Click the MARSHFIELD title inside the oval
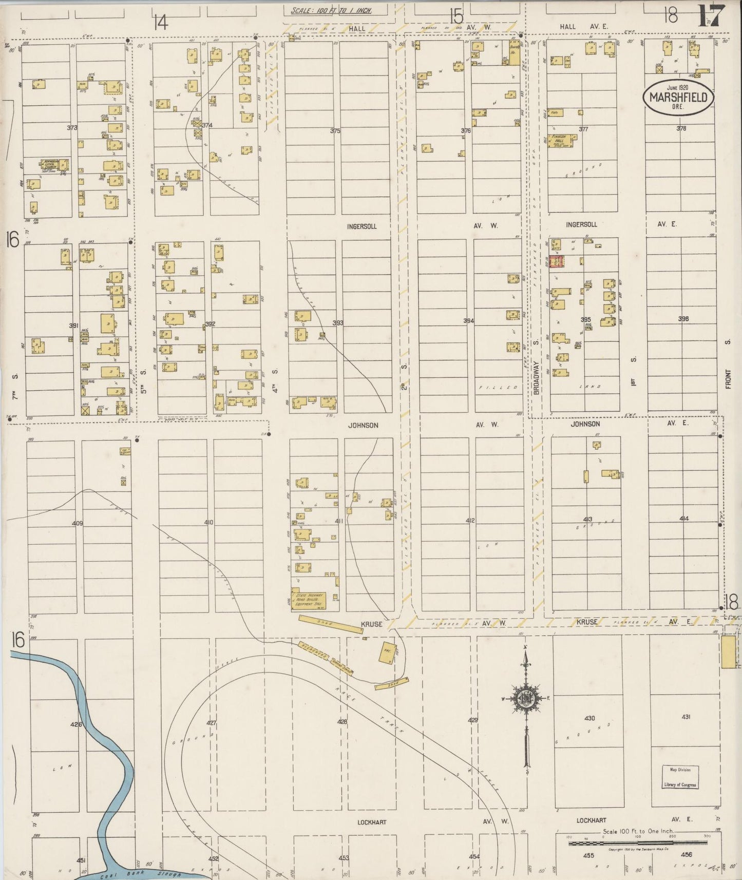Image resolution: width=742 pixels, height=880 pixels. coord(678,98)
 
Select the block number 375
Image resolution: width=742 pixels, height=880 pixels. coord(335,131)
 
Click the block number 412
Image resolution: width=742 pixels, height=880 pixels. coord(470,521)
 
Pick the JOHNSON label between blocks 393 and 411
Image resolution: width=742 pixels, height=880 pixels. coord(363,425)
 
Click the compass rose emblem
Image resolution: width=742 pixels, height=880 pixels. coord(526,697)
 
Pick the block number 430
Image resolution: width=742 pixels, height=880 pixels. coord(589,718)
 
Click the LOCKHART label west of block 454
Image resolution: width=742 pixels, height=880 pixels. coord(372,821)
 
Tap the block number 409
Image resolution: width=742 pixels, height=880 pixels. coord(78,523)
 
